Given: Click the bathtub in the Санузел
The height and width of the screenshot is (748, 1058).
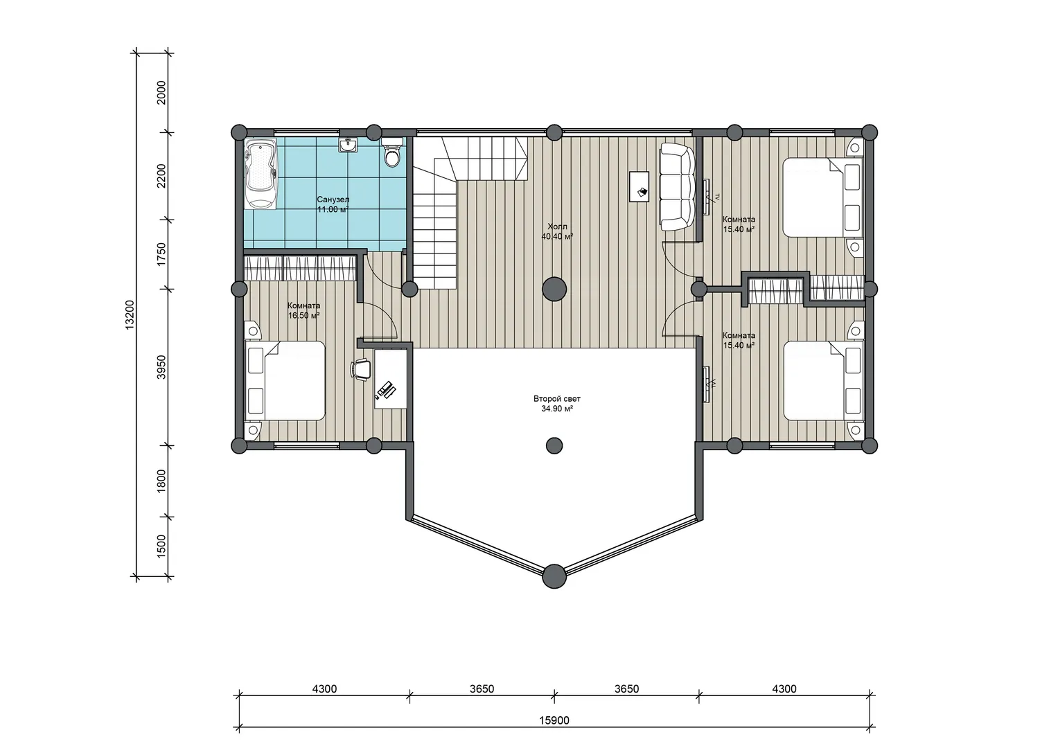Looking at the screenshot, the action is coord(261,175).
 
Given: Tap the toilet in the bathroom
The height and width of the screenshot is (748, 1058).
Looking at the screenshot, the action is coord(391,152).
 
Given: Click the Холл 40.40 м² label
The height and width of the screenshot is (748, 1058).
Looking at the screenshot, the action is coord(557,231).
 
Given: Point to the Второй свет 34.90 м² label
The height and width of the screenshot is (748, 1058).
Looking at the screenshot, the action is coord(557,404).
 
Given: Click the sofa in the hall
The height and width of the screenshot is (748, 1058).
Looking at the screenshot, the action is coord(678,187).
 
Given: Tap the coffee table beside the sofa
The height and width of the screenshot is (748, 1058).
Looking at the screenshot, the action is coord(639,186).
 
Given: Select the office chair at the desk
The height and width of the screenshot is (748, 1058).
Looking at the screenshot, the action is coord(360,368).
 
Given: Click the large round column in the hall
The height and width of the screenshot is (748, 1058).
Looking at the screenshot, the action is coord(554,289).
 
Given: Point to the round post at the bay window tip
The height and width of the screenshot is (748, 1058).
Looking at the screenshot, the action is coord(554,576).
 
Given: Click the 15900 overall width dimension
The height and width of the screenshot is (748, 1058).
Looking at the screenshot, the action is coord(554,720).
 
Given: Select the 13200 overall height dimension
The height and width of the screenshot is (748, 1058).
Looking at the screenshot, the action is coord(130,314).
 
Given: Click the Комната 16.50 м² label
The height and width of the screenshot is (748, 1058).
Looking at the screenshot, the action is coord(303,310).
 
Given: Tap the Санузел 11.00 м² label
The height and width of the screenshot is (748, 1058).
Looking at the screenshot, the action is coord(333,204).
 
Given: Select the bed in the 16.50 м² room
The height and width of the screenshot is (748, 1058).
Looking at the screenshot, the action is coord(285,381).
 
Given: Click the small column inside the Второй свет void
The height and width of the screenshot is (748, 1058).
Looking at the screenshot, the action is coord(554,445).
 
